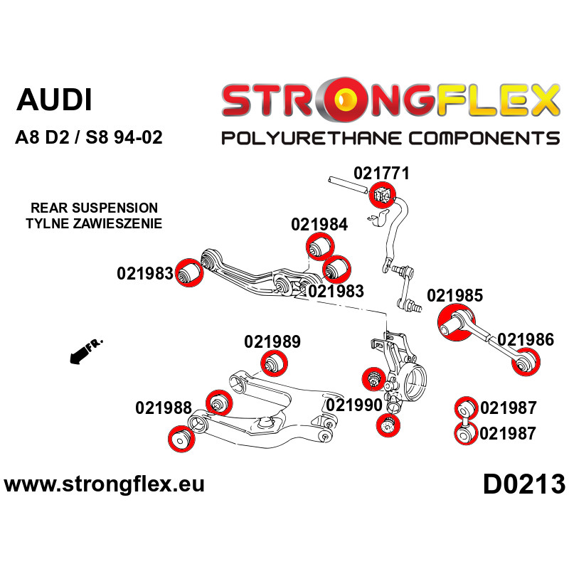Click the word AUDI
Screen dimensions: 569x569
click(54, 100)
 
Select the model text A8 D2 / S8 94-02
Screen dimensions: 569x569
click(89, 137)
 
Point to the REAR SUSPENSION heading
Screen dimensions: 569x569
click(94, 208)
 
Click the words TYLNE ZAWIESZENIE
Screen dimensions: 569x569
click(94, 223)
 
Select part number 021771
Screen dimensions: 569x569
click(381, 173)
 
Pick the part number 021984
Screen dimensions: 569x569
click(319, 225)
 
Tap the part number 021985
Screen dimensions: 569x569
click(454, 295)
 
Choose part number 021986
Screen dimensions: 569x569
click(526, 339)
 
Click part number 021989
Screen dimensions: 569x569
click(272, 341)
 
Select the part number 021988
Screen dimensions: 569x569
click(163, 408)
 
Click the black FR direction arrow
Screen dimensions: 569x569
click(83, 351)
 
